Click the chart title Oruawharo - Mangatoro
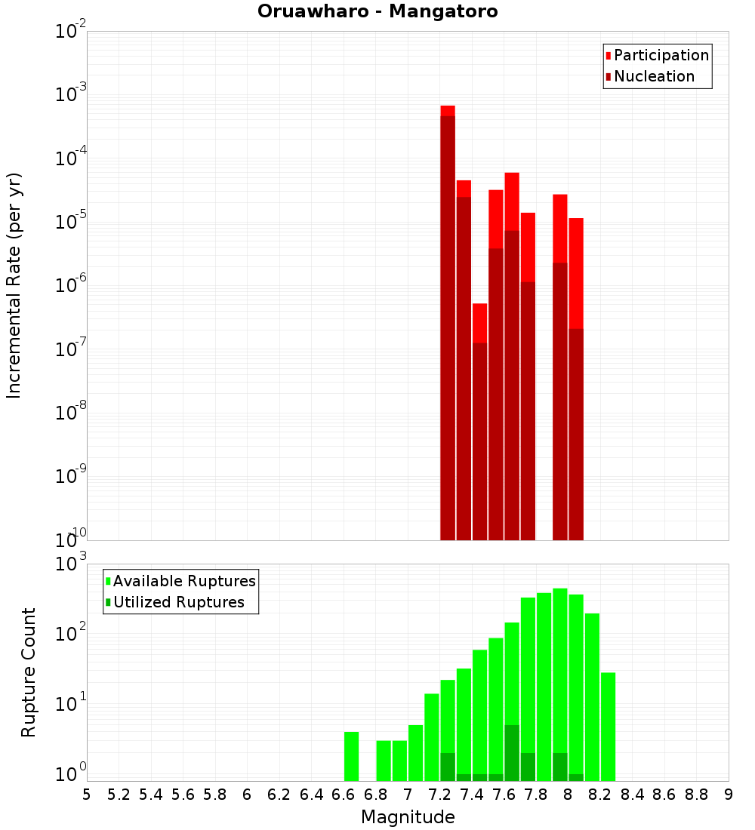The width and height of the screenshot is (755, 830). (377, 12)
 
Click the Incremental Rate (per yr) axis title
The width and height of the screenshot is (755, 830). (14, 285)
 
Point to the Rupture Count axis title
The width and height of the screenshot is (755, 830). (29, 672)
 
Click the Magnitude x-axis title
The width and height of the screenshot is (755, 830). (408, 817)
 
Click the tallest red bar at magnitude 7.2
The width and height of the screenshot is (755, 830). (448, 324)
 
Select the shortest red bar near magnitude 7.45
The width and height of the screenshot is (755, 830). (479, 423)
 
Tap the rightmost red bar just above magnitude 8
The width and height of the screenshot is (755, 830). (576, 377)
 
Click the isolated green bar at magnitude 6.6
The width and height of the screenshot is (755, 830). (351, 756)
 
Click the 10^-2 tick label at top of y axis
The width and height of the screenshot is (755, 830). (72, 31)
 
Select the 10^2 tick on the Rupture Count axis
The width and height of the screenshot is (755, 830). (72, 633)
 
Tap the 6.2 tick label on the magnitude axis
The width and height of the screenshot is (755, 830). (279, 795)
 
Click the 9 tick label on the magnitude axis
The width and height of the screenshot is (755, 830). (728, 795)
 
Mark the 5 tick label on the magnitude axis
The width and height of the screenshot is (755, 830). (87, 795)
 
